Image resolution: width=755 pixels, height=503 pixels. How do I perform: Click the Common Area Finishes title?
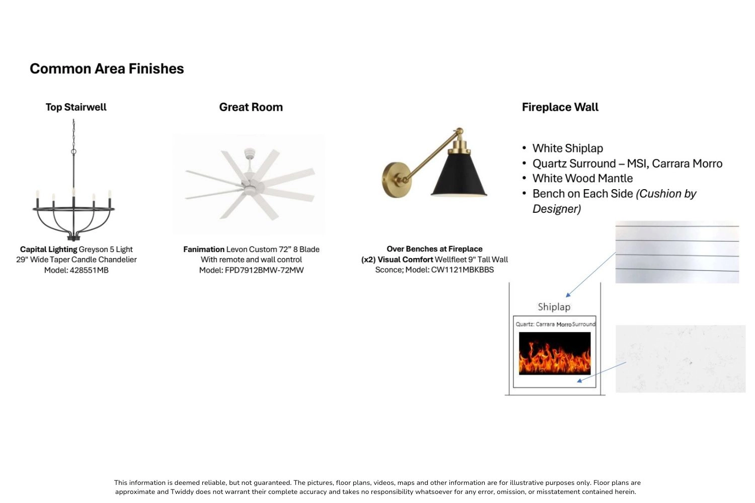pos(107,69)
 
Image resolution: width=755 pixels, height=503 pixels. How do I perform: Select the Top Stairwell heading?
pos(76,107)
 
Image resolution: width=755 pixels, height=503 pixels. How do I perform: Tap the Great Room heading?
pos(251,107)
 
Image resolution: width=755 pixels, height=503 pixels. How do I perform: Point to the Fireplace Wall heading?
pos(560,107)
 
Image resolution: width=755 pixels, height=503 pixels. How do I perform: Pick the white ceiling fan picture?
pos(250,184)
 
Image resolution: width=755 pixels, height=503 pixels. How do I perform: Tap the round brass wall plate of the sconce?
pos(396,180)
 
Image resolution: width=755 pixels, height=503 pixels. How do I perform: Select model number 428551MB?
pos(89,270)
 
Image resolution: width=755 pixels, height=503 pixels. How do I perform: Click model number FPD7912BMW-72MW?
pos(264,270)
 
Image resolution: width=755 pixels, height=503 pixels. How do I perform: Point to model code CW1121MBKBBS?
pos(463,270)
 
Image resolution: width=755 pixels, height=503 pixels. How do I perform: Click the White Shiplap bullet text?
pos(568,148)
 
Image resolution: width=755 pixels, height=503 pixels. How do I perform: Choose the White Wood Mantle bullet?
pos(582,178)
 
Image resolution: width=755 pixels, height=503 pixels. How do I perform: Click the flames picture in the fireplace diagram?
pos(555,354)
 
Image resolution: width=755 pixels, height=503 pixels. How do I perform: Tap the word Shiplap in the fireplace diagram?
pos(554,307)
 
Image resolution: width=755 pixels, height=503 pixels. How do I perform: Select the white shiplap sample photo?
pos(677,252)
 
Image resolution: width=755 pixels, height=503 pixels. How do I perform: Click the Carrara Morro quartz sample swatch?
pos(681,359)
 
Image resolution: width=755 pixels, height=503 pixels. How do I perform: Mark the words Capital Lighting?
pos(48,249)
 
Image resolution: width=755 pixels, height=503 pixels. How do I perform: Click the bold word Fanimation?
pos(204,249)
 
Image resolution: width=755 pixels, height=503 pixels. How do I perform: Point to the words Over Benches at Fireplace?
pos(434,249)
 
